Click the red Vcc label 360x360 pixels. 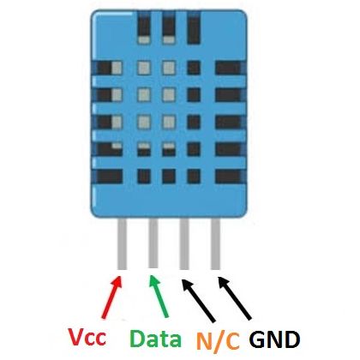pyautogui.click(x=87, y=337)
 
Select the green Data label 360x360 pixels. pyautogui.click(x=155, y=338)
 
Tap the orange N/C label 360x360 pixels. pyautogui.click(x=218, y=341)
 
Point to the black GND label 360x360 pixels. pyautogui.click(x=274, y=339)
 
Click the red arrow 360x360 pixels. pyautogui.click(x=112, y=297)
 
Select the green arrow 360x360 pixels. pyautogui.click(x=159, y=297)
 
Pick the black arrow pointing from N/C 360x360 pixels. pyautogui.click(x=199, y=301)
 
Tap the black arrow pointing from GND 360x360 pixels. pyautogui.click(x=235, y=297)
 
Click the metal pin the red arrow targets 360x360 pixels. pyautogui.click(x=122, y=243)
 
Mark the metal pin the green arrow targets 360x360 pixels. pyautogui.click(x=153, y=243)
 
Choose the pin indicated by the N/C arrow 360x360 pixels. pyautogui.click(x=184, y=243)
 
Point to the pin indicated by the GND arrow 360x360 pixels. pyautogui.click(x=215, y=243)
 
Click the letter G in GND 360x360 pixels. pyautogui.click(x=257, y=339)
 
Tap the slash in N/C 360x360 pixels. pyautogui.click(x=219, y=341)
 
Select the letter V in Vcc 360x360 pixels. pyautogui.click(x=77, y=336)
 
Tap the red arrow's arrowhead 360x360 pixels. pyautogui.click(x=117, y=282)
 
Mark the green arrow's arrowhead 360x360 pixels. pyautogui.click(x=153, y=281)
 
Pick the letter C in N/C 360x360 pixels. pyautogui.click(x=232, y=341)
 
